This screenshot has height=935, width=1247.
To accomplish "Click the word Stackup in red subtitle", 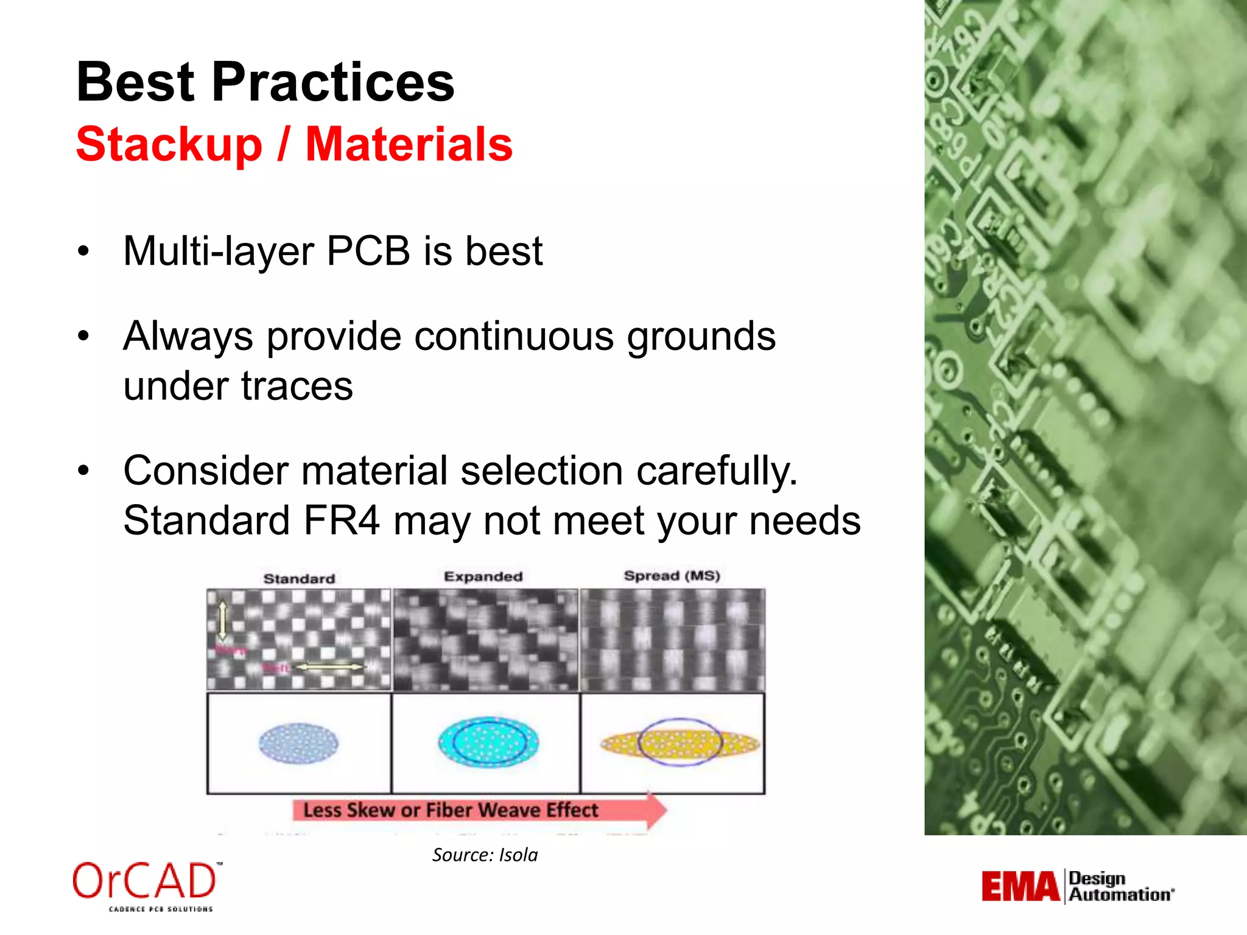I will click(x=169, y=144).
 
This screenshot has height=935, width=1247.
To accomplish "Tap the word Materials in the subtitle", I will click(x=409, y=144).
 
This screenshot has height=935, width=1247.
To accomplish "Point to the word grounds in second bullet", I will click(x=701, y=336).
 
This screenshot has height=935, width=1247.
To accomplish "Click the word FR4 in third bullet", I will click(x=342, y=520).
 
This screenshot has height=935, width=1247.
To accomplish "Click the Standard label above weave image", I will click(x=299, y=578).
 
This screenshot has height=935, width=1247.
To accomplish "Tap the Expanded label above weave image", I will click(x=483, y=576).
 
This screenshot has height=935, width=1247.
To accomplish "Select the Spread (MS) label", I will click(x=672, y=576).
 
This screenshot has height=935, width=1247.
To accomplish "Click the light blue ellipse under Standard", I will click(x=298, y=743).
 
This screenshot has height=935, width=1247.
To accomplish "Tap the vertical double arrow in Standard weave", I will click(x=222, y=620).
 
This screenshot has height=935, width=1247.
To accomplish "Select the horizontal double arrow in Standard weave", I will click(x=329, y=667).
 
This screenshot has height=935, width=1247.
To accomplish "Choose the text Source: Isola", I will click(x=485, y=855).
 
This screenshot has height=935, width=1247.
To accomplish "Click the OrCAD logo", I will click(x=146, y=884).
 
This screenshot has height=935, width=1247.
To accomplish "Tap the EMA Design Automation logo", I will click(x=1077, y=886).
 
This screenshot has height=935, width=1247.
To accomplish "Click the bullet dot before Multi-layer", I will click(x=83, y=251).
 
